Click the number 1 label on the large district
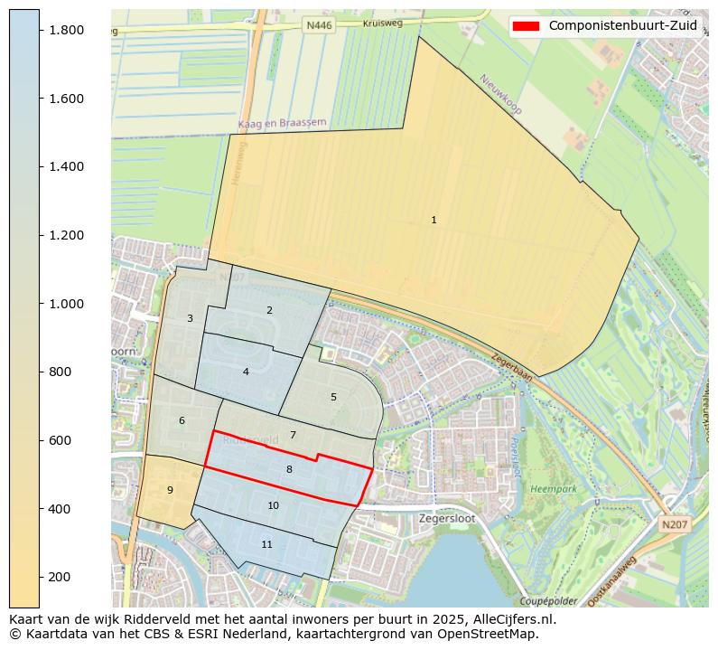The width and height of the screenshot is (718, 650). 434,220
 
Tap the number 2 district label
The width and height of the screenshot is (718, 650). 269,310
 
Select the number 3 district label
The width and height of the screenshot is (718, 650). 190,318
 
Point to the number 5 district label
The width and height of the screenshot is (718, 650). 333,397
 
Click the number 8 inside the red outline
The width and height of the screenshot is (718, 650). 289,469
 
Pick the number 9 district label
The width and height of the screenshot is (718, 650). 170,490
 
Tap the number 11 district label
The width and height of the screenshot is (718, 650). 266,544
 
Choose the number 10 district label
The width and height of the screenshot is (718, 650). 273,505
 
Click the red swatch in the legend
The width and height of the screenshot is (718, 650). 526,25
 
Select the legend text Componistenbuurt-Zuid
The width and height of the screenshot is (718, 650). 622,25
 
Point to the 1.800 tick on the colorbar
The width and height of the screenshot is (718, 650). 67,30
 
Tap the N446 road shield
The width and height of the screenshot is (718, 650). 319,26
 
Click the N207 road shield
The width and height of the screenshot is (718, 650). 673,524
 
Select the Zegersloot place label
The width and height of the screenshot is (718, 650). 447,519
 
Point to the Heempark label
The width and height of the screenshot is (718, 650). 553,488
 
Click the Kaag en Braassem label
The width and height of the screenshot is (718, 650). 282,123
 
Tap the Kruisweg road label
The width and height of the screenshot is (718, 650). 381,24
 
